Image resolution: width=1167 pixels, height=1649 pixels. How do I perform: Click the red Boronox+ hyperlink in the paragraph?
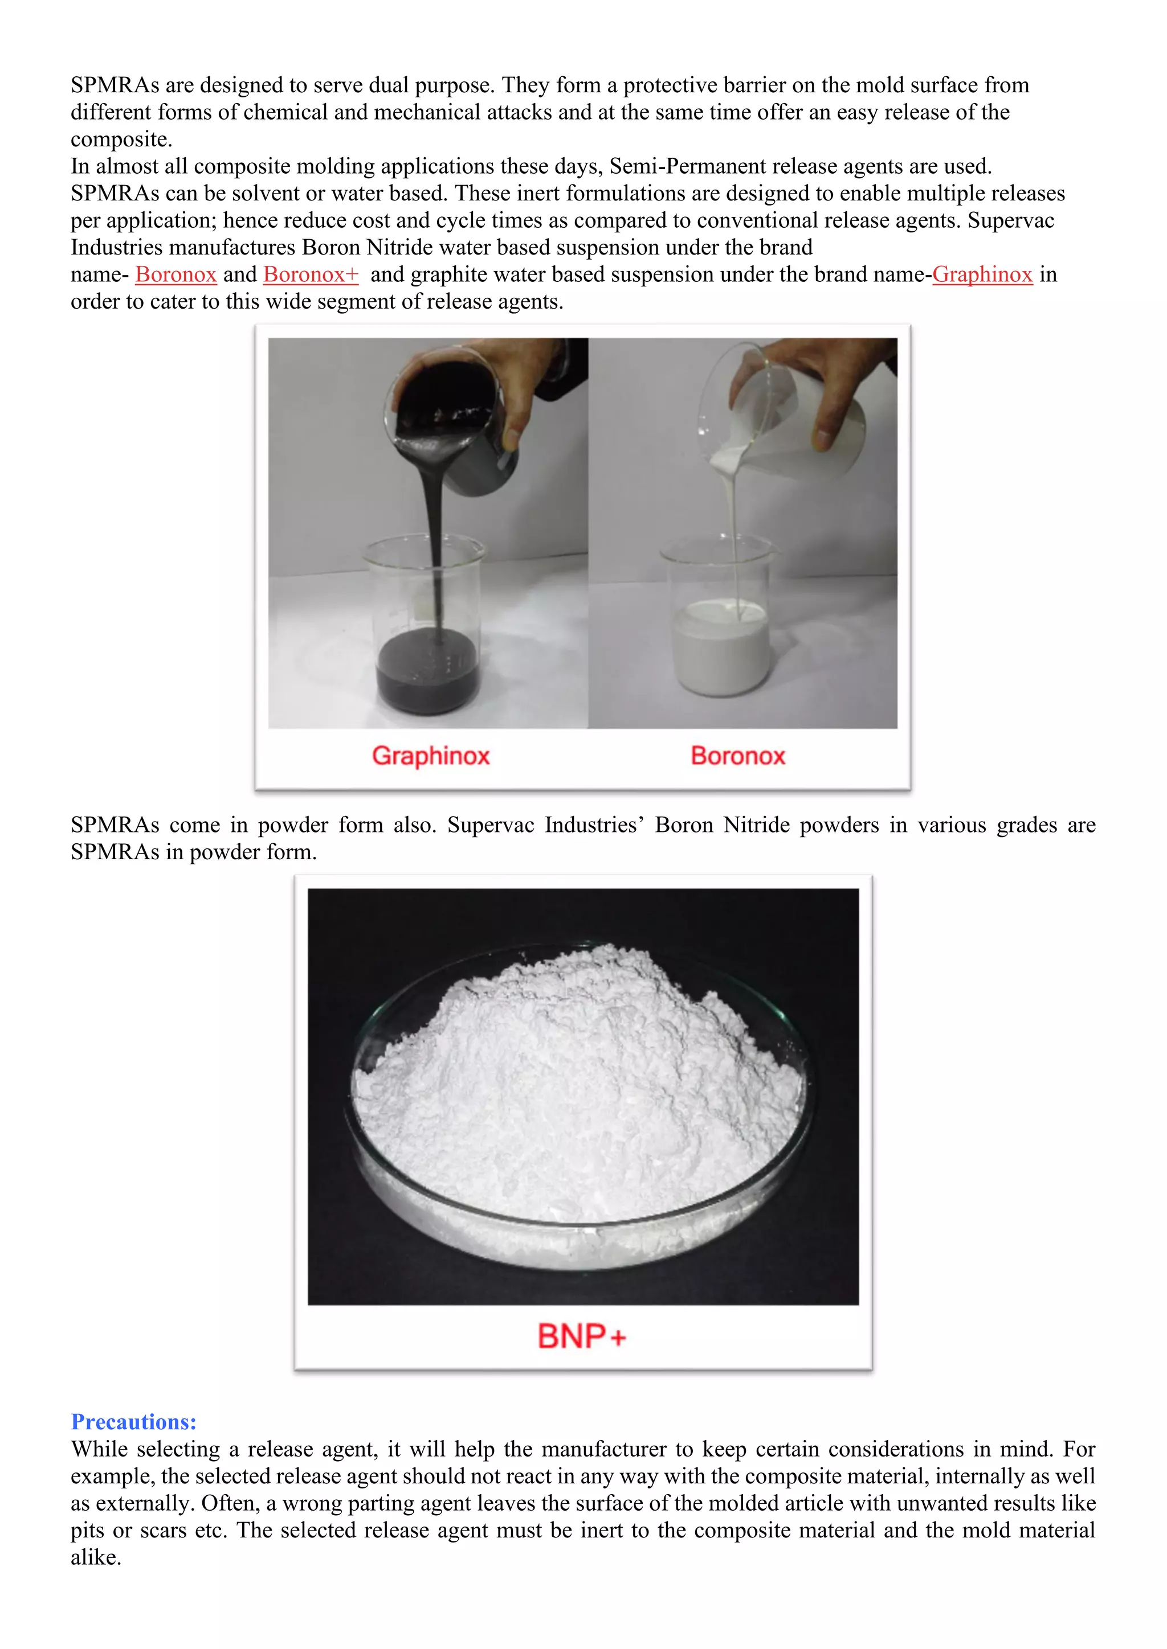(x=311, y=274)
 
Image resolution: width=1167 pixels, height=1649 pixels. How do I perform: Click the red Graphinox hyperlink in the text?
(x=982, y=274)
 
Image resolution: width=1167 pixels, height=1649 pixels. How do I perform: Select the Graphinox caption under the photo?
(x=430, y=756)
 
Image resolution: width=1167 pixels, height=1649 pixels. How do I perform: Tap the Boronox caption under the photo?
(x=738, y=756)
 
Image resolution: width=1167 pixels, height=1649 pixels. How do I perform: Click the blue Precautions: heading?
(x=134, y=1421)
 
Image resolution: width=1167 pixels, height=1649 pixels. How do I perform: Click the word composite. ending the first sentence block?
(x=121, y=140)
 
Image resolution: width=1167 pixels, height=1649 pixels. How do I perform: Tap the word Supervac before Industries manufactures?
(x=1010, y=220)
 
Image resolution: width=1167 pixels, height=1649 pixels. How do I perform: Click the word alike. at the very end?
(x=96, y=1557)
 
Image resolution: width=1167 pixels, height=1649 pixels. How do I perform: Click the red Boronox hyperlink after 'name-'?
(x=176, y=274)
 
